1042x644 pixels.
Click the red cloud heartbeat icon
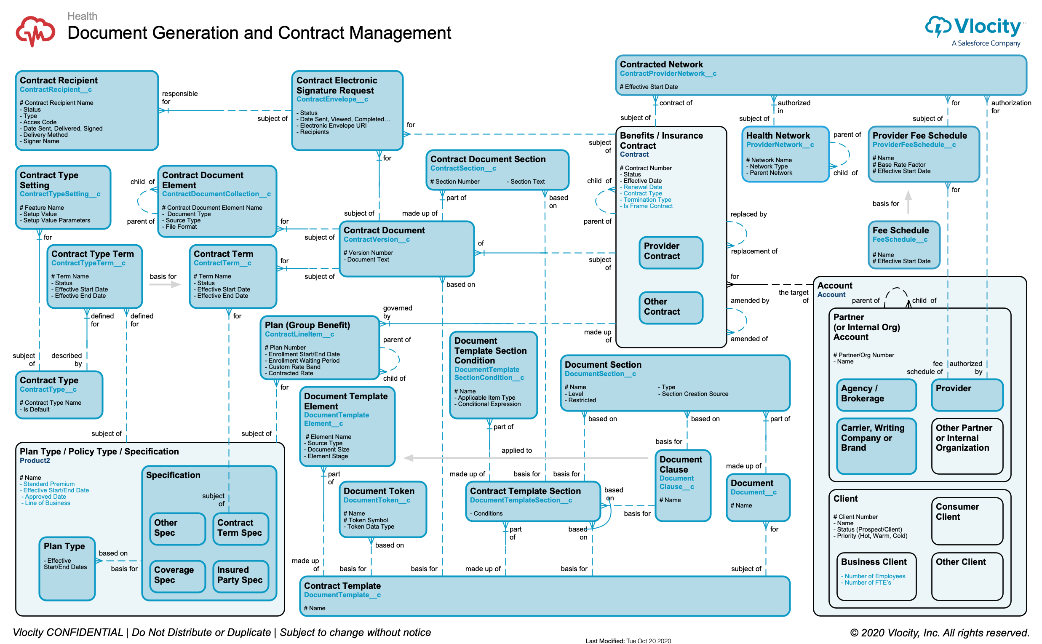click(35, 31)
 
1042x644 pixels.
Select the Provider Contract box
click(671, 252)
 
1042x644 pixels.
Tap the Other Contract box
click(671, 307)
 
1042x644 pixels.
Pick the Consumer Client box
click(967, 521)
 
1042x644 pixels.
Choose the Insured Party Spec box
click(240, 576)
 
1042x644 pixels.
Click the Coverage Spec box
click(177, 576)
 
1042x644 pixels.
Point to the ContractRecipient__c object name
click(56, 89)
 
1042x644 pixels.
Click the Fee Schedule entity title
click(900, 230)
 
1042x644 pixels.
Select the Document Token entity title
click(379, 491)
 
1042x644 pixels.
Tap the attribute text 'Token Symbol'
click(368, 520)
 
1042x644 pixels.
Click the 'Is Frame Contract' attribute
click(648, 206)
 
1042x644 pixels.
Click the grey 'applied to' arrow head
click(408, 458)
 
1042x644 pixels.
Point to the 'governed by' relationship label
click(397, 312)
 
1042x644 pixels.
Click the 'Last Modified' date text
click(628, 640)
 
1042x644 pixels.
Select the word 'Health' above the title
click(82, 16)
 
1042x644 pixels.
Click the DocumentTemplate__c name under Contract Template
click(342, 595)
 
